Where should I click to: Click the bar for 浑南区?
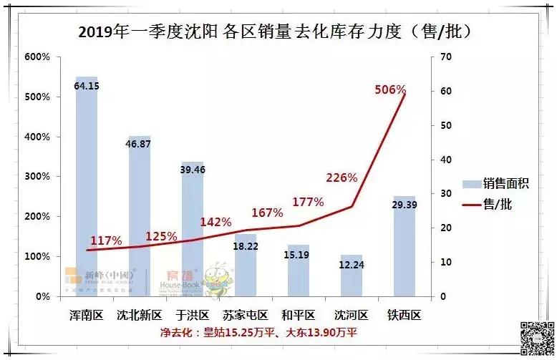87,186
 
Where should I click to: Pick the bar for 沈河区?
352,276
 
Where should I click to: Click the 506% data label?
391,90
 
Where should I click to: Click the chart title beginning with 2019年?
278,31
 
